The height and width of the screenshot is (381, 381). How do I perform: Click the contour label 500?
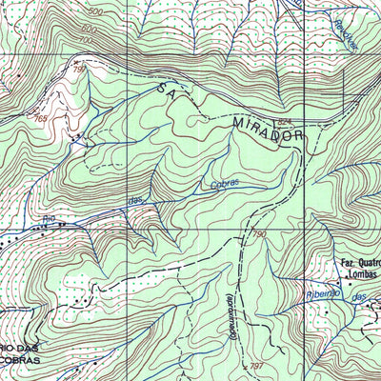(x=94, y=12)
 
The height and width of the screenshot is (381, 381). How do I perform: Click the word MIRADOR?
(x=269, y=130)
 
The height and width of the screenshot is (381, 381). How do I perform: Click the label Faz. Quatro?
(x=360, y=263)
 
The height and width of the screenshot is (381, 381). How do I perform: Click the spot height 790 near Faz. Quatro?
(x=260, y=233)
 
